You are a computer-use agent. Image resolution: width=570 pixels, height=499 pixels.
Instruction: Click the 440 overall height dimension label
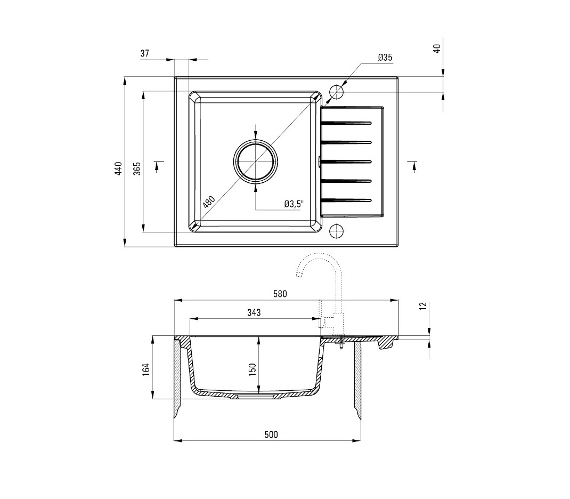pos(118,169)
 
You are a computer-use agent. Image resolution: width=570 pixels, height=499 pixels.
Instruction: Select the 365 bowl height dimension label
pos(137,169)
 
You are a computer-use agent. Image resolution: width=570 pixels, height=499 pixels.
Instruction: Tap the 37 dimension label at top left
pos(145,53)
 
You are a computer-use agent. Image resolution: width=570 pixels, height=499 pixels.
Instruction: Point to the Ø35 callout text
pos(385,57)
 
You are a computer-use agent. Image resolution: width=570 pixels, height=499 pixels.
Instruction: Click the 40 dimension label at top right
pos(437,49)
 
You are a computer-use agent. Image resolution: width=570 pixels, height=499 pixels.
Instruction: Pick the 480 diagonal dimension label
pos(209,202)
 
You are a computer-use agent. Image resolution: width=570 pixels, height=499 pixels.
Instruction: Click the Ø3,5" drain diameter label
pos(294,204)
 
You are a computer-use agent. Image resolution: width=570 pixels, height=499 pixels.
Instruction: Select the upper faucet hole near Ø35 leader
pos(337,92)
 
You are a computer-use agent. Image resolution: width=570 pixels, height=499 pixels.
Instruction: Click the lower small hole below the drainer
pos(336,231)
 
